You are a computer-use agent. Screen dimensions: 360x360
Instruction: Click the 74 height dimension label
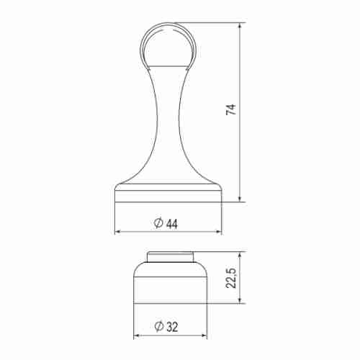(x=230, y=110)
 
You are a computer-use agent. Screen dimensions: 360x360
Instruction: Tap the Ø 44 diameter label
(x=166, y=223)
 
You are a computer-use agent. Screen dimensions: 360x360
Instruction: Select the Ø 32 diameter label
(x=166, y=327)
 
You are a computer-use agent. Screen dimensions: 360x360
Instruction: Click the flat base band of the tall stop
(x=168, y=194)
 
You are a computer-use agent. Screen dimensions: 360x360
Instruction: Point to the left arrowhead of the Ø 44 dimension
(x=118, y=233)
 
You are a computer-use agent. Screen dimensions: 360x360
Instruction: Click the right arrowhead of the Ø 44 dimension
(x=218, y=233)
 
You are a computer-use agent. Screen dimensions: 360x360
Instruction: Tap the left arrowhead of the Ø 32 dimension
(x=137, y=336)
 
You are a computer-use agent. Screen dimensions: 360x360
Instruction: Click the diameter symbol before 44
(x=158, y=223)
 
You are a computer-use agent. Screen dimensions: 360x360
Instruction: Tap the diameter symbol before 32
(x=158, y=327)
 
